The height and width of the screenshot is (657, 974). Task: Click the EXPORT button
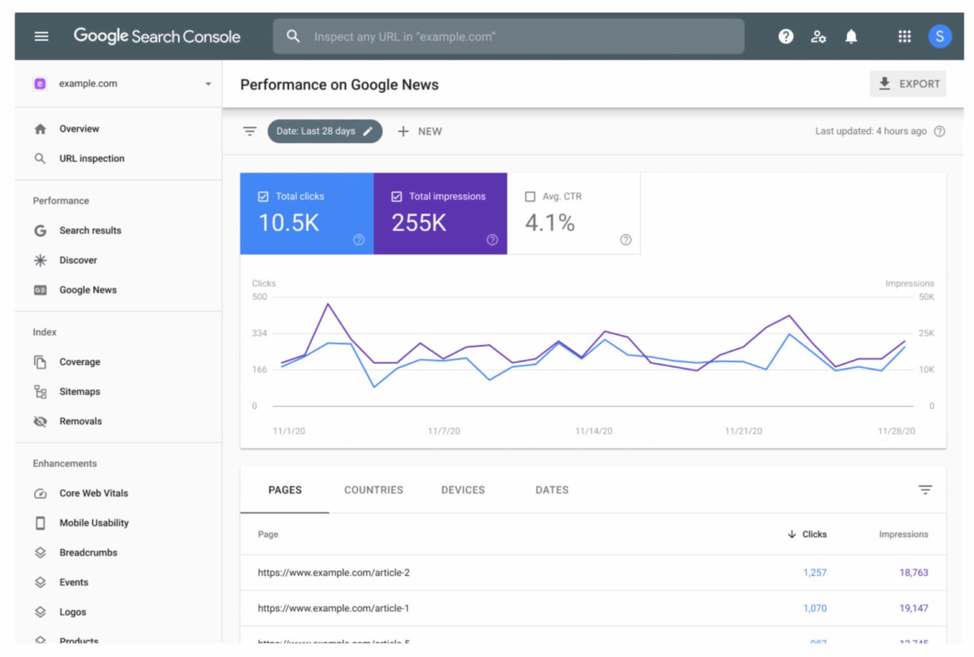tap(908, 84)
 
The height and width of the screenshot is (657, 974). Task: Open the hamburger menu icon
tap(41, 36)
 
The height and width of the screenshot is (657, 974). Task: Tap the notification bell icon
tap(851, 37)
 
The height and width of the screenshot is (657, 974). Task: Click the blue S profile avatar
tap(939, 37)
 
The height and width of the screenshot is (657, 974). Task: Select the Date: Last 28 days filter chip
tap(324, 131)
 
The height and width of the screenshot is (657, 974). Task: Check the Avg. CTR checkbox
tap(530, 196)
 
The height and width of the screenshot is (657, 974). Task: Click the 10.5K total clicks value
tap(289, 223)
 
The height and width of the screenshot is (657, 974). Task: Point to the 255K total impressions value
tap(419, 223)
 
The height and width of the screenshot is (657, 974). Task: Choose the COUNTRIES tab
tap(373, 490)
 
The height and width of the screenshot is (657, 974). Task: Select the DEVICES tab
tap(463, 490)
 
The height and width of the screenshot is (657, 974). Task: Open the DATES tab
tap(552, 490)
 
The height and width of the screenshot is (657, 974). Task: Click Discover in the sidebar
tap(78, 260)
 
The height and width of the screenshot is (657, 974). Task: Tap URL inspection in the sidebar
tap(91, 158)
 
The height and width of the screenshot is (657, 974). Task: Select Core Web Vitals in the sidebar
tap(93, 493)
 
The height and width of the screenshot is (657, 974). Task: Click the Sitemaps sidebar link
tap(79, 392)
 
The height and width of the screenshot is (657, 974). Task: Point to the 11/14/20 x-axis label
tap(594, 431)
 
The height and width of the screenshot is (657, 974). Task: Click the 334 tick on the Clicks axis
tap(259, 333)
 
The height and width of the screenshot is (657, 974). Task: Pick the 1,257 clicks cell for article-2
tap(814, 573)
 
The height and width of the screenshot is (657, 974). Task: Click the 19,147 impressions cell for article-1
tap(913, 608)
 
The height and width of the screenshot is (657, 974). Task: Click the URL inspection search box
tap(507, 37)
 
